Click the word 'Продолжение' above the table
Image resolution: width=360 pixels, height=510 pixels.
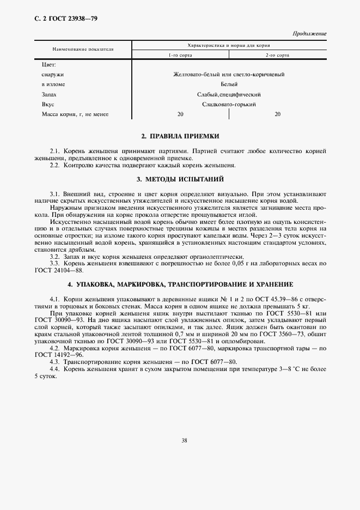tap(310, 34)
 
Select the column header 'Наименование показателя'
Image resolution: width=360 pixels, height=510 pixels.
tap(83, 49)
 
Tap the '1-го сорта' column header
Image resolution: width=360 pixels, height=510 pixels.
tap(180, 56)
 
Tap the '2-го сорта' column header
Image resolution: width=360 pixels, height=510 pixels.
tap(277, 56)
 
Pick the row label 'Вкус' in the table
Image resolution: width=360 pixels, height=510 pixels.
tap(47, 104)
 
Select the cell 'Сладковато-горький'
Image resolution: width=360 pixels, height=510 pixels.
tap(229, 104)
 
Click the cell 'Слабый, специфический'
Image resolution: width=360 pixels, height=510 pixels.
tap(229, 94)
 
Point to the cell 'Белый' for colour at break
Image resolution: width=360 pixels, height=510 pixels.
tap(229, 84)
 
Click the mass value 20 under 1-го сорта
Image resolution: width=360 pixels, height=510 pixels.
tap(180, 114)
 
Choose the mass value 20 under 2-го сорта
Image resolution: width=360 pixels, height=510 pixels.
tap(277, 114)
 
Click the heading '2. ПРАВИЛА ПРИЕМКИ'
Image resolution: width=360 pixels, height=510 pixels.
tap(180, 136)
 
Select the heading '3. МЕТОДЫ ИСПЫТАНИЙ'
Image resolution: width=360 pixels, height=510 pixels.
tap(180, 179)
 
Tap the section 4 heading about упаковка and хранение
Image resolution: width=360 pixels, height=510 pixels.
tap(180, 284)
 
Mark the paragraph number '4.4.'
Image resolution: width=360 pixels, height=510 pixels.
tap(55, 369)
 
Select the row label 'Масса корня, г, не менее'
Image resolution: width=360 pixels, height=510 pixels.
tap(75, 114)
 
